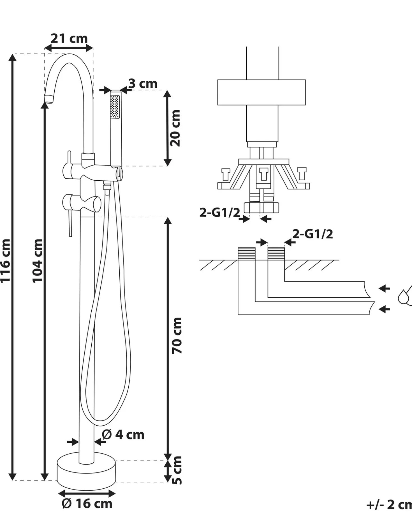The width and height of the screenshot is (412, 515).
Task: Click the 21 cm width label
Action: click(x=69, y=38)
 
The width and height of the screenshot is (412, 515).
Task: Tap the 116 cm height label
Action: click(x=6, y=261)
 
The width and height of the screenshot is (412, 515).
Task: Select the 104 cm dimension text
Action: click(x=37, y=261)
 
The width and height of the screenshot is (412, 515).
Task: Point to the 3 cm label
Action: click(x=143, y=83)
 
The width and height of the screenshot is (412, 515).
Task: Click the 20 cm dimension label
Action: click(x=175, y=128)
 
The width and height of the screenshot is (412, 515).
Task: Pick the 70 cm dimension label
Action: click(x=177, y=335)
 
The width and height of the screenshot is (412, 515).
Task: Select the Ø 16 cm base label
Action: click(x=87, y=504)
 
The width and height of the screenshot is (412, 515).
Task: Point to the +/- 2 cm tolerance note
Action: click(x=389, y=505)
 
